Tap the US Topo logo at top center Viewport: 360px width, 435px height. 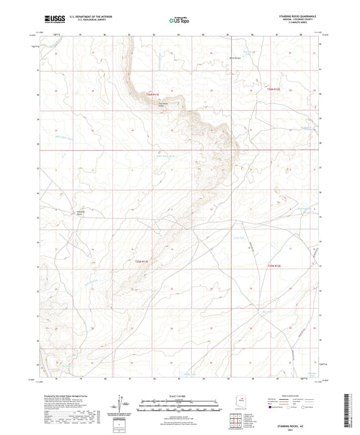[x=180, y=20]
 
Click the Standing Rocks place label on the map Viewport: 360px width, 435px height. [x=80, y=213]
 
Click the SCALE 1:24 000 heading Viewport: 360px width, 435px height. [x=179, y=395]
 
